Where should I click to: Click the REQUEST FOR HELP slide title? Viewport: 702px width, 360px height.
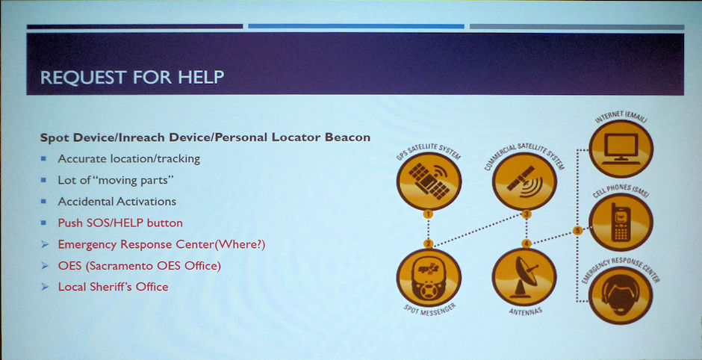pos(132,77)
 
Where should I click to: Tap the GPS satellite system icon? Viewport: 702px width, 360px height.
pos(429,181)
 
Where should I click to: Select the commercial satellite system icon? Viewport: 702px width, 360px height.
pos(524,181)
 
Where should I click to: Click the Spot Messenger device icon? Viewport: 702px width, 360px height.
pos(429,277)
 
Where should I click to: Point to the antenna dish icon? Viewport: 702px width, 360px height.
pos(524,277)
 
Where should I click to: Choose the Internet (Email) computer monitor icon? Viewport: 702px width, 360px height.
pos(621,149)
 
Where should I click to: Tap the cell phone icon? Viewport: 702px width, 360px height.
pos(621,222)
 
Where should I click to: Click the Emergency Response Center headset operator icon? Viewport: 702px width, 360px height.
pos(621,296)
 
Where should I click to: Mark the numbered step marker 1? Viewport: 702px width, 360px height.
pos(428,214)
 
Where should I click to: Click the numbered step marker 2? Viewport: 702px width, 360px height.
pos(428,243)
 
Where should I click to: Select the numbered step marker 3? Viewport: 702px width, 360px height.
pos(526,214)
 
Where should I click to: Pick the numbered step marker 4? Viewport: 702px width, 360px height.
pos(526,243)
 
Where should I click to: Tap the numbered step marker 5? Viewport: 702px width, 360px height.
pos(577,231)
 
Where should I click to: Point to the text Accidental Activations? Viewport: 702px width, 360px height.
pos(117,202)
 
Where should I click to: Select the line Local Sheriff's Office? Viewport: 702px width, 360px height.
pos(114,287)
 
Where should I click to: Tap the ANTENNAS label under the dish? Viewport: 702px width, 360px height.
pos(525,311)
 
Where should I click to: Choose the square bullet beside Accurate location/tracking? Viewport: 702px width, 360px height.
pos(43,158)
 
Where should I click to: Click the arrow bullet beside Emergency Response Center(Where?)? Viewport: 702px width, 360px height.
pos(44,244)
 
